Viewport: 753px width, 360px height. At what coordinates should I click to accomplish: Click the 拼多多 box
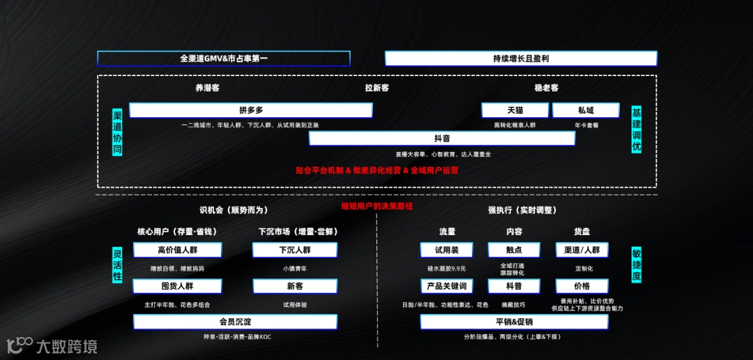(x=250, y=110)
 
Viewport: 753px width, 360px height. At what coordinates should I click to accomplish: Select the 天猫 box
(x=515, y=110)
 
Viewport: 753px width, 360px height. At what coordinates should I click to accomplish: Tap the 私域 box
(x=586, y=110)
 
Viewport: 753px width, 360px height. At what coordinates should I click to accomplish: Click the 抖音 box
(x=441, y=138)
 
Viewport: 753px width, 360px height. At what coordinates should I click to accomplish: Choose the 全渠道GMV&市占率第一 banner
(x=223, y=59)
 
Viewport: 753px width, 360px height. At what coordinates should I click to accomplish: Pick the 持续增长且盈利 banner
(x=520, y=59)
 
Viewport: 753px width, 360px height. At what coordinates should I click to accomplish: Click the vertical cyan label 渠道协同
(x=117, y=132)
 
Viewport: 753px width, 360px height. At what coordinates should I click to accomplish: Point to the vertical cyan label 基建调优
(x=636, y=130)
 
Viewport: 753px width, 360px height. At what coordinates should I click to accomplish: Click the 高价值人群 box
(x=177, y=250)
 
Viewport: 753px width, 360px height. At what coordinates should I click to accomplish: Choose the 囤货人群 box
(x=177, y=286)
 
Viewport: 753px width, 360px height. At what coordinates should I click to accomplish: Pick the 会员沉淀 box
(x=235, y=322)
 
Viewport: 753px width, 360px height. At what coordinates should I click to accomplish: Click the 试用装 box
(x=446, y=250)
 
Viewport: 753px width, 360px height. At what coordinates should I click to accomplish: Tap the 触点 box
(x=514, y=250)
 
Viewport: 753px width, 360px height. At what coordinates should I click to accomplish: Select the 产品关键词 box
(x=446, y=286)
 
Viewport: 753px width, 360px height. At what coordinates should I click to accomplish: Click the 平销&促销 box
(x=514, y=322)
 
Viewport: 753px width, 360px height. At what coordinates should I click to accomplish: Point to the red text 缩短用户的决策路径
(x=376, y=206)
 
